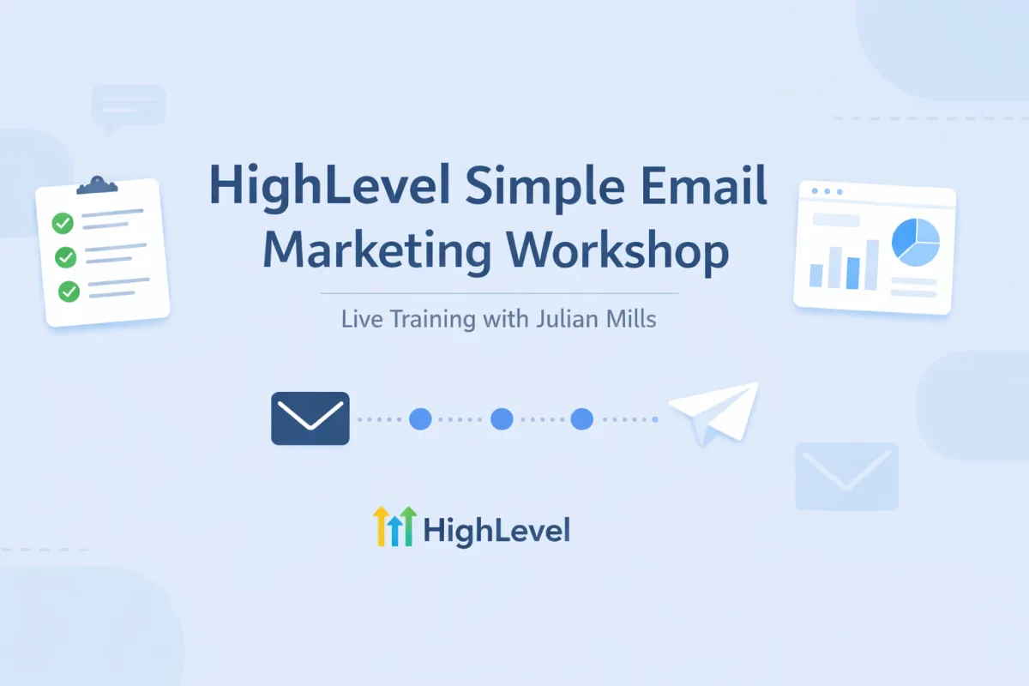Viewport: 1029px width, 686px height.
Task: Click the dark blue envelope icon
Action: coord(310,418)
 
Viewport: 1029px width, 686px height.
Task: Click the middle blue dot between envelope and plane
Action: coord(502,419)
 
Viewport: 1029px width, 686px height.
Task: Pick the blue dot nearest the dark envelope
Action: coord(420,419)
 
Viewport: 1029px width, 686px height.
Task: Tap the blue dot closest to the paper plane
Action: coord(582,419)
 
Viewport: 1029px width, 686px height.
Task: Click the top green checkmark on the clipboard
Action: coord(63,224)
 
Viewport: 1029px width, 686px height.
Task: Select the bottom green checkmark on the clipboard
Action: coord(69,292)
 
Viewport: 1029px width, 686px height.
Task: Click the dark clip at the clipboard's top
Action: coord(96,185)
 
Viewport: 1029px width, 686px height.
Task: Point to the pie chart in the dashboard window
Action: coord(916,243)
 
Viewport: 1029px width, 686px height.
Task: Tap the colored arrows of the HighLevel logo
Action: coord(394,526)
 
